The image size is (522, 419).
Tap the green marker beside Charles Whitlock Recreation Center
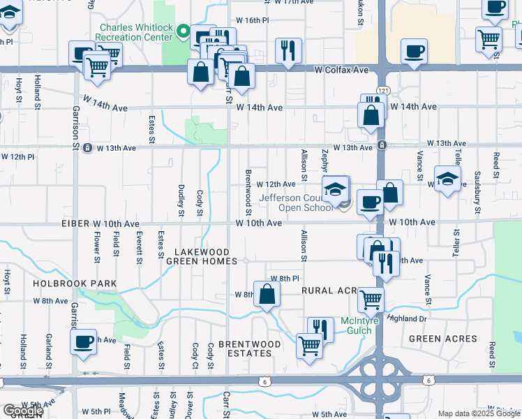(184, 31)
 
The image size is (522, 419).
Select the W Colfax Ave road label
(341, 70)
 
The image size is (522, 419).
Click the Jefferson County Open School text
(296, 203)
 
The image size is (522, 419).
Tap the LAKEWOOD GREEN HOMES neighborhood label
(202, 256)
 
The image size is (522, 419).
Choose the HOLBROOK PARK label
(74, 284)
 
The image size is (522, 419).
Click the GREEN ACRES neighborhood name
(443, 339)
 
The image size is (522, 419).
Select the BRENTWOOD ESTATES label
(250, 348)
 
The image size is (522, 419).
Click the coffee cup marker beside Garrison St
(83, 342)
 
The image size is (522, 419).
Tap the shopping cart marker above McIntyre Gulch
(371, 300)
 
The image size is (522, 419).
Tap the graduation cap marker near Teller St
(447, 177)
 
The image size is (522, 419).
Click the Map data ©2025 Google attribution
(479, 413)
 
